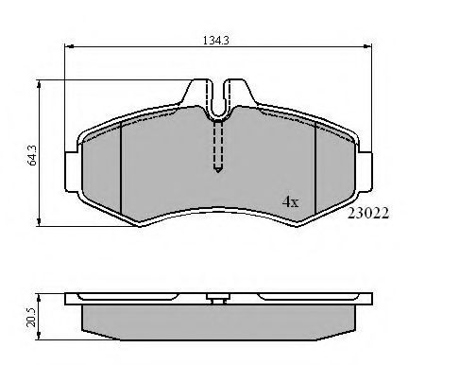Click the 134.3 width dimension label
coord(215,41)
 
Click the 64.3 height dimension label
coord(32,155)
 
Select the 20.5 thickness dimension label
coord(31,317)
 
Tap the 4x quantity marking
coord(290,201)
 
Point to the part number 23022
coord(368,213)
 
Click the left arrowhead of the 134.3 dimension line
coord(69,46)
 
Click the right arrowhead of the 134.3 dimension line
coord(367,46)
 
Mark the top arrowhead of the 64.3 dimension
coord(39,84)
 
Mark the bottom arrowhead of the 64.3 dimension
coord(39,221)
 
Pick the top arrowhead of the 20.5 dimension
coord(39,298)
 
